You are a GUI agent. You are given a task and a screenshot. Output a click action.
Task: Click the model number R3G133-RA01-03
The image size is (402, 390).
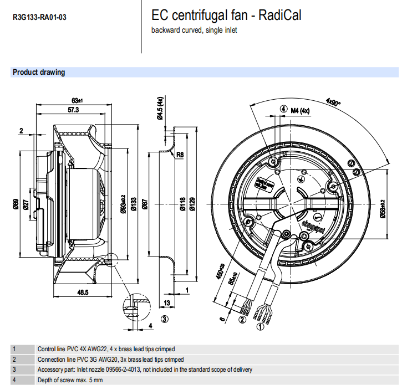click(39, 17)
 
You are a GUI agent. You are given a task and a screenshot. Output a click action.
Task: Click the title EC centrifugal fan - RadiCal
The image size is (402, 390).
click(226, 16)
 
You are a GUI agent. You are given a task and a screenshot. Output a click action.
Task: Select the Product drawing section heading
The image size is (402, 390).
click(39, 72)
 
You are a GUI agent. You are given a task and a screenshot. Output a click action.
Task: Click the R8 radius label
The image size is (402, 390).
click(180, 155)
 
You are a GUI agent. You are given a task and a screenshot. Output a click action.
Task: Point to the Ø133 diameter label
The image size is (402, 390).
click(134, 207)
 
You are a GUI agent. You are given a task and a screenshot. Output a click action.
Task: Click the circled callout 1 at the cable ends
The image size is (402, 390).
click(259, 327)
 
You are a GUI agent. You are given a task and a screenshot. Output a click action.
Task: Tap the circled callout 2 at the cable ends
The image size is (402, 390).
click(242, 320)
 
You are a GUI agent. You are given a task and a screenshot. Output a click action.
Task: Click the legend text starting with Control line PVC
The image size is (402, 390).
click(106, 349)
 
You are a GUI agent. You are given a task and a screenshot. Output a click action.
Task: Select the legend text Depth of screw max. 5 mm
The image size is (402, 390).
click(70, 380)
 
